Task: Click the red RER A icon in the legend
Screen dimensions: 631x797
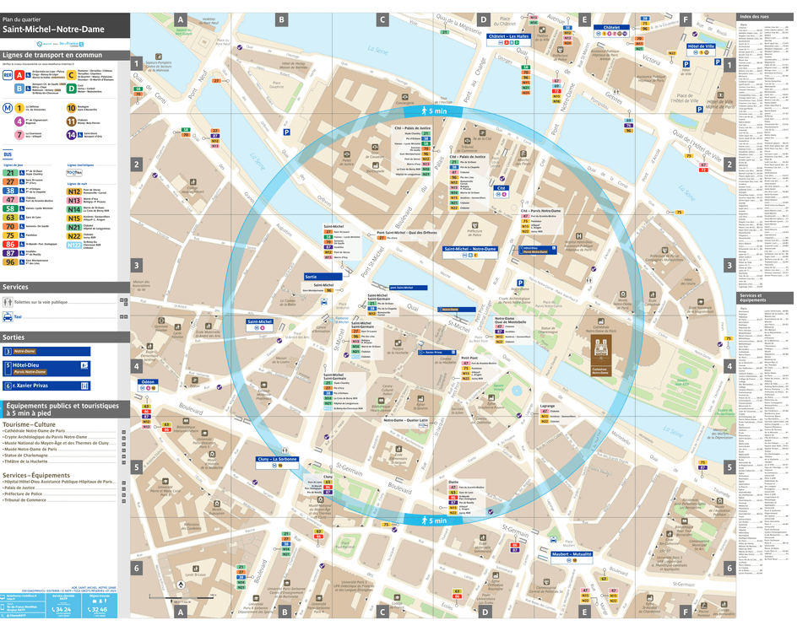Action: [x=19, y=75]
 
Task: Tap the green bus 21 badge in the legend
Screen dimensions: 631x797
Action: [x=9, y=172]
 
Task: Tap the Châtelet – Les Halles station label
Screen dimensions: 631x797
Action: [x=507, y=36]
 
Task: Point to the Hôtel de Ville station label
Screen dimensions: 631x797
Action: [x=701, y=46]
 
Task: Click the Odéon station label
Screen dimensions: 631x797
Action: [x=148, y=382]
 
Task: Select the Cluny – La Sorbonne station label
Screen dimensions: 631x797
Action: [x=277, y=460]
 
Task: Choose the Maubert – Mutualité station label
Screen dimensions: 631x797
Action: [x=572, y=554]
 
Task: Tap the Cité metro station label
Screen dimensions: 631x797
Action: [x=500, y=188]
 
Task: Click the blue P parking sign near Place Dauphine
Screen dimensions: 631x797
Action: [x=287, y=132]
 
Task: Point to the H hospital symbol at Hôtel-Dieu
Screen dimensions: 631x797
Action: [x=578, y=236]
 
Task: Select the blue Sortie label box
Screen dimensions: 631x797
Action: [x=323, y=276]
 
